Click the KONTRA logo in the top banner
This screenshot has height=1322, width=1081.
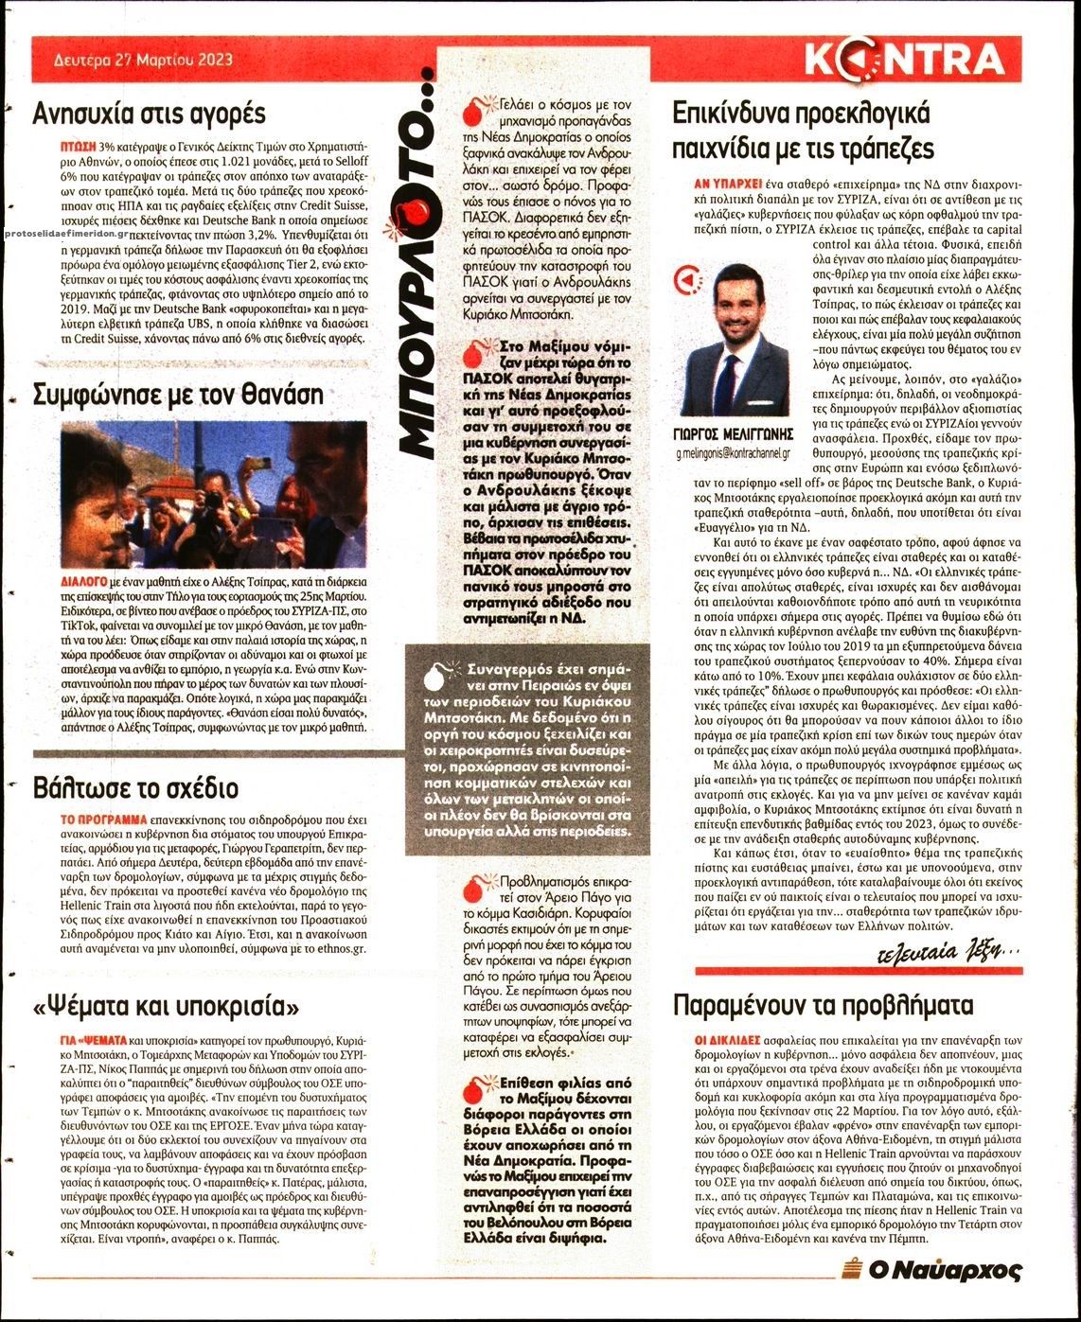coord(904,60)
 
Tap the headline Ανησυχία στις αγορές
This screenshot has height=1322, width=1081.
coord(149,115)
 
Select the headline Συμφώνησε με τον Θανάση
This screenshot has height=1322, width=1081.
coord(178,394)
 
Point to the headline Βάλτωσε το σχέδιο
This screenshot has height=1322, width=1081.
coord(135,787)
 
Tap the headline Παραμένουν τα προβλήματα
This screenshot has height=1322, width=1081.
coord(823,1004)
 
